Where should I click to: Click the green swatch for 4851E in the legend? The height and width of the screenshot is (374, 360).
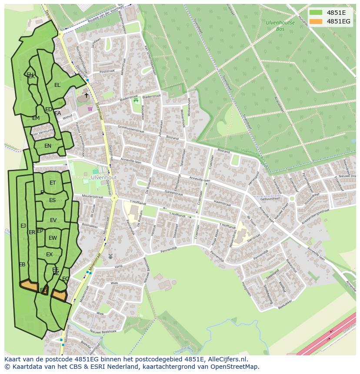click(x=316, y=12)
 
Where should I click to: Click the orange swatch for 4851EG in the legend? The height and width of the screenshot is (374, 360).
click(x=316, y=21)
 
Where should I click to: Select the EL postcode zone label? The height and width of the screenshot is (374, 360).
click(x=57, y=85)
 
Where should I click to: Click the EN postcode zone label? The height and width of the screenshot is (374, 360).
click(x=48, y=146)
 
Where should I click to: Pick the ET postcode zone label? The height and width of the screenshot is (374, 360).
click(x=53, y=183)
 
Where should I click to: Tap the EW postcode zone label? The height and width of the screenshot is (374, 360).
click(x=53, y=238)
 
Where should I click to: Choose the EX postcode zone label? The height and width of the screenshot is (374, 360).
click(x=50, y=255)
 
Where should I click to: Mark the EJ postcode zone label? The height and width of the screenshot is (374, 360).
click(x=23, y=225)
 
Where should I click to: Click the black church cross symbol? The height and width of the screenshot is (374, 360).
click(x=86, y=95)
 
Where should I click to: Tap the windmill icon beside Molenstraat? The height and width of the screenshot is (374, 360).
click(x=110, y=257)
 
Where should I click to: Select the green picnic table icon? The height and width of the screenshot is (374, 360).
click(x=136, y=100)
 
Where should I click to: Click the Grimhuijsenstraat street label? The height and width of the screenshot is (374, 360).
click(x=130, y=129)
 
